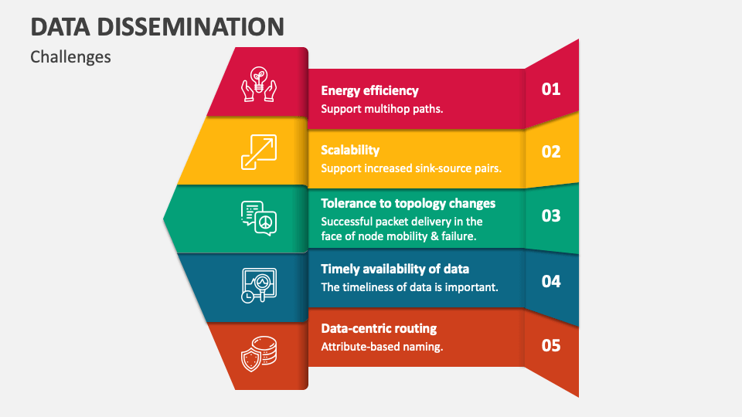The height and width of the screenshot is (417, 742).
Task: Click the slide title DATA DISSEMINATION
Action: coord(158,27)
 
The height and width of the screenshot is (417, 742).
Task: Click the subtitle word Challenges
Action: coord(70,57)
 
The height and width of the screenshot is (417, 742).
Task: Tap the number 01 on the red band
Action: coord(550,89)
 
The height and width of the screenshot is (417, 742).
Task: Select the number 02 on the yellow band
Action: coord(550,151)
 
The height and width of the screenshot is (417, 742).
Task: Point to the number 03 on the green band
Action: coord(550,215)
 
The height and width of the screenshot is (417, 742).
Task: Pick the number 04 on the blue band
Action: coord(550,281)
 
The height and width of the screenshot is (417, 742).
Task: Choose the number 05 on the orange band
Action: coord(550,345)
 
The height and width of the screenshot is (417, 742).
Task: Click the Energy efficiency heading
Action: coord(369,91)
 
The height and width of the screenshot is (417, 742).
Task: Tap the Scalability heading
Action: coord(350,150)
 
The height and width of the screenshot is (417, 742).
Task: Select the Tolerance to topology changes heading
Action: coord(408,203)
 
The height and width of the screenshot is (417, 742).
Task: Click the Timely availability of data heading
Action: coord(395,269)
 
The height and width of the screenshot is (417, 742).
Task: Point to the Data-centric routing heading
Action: coord(379,328)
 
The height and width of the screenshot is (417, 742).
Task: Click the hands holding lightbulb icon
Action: coord(259,84)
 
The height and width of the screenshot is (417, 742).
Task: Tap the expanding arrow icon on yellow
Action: coord(259,151)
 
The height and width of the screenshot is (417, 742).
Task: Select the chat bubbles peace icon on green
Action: coord(259,218)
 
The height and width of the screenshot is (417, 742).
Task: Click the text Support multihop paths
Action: coord(382,109)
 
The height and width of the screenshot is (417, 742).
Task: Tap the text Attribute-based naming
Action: coord(382,347)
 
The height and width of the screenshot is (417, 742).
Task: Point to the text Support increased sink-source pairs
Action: coord(411,168)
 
